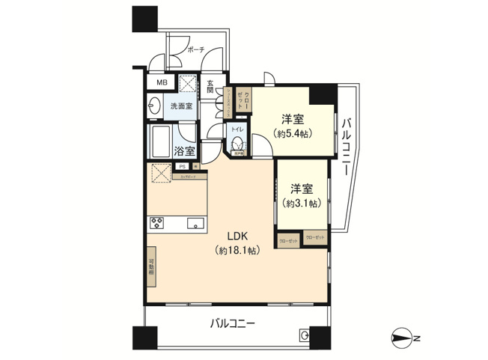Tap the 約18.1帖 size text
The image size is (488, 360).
coord(238,251)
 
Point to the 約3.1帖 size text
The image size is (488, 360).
coord(302,203)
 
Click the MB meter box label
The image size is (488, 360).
coord(162,83)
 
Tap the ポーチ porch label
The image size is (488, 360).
coord(197,50)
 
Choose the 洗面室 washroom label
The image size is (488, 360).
coord(181,106)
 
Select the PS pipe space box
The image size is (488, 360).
coord(182,168)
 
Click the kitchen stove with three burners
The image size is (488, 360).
coord(158,222)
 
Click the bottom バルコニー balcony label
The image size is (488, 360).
coord(233,325)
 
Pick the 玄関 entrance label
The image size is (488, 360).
coord(211,88)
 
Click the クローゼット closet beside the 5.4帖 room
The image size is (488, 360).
coord(240,100)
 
